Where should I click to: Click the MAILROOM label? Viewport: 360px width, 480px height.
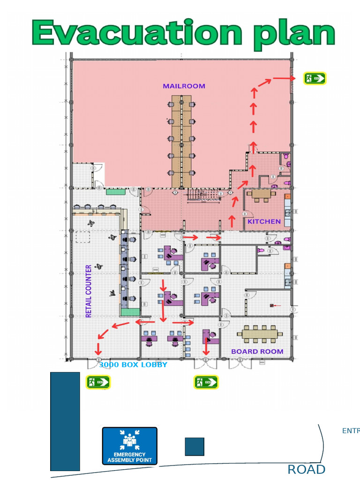(184, 86)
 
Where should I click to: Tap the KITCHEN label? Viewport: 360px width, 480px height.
(264, 221)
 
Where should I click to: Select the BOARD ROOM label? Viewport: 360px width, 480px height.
(257, 351)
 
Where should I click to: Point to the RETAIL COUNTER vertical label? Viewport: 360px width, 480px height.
(89, 291)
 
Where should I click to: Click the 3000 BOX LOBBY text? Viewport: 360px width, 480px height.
(133, 364)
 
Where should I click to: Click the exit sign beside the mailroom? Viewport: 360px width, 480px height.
(315, 78)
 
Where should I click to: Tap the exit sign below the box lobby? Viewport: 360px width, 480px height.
(97, 382)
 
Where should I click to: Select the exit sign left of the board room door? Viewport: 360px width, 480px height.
(206, 382)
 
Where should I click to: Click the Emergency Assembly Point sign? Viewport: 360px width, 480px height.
(130, 446)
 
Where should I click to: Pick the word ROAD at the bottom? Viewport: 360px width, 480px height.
(306, 469)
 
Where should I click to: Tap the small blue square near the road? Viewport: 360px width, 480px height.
(195, 446)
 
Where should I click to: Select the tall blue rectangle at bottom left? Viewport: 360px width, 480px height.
(65, 421)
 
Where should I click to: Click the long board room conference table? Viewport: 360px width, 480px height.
(260, 334)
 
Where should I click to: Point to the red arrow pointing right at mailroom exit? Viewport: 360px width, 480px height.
(282, 78)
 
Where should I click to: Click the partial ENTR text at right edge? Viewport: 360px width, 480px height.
(351, 431)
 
